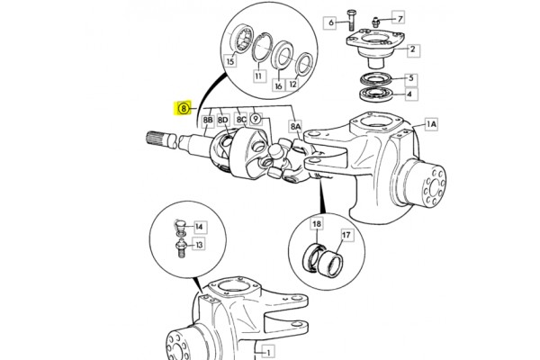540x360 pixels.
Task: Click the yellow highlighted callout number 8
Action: point(184,109)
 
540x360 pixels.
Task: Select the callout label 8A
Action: point(295,127)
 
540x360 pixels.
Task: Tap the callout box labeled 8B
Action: point(208,121)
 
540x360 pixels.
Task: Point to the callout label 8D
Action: point(223,121)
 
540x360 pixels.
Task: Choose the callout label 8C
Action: point(241,120)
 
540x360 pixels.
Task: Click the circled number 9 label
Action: point(256,119)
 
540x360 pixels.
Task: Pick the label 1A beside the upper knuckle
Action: point(431,124)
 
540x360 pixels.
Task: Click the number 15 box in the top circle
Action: point(230,61)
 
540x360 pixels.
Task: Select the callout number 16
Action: point(278,85)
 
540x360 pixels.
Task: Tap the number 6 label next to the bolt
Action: point(331,22)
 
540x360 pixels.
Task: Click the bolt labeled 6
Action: point(351,20)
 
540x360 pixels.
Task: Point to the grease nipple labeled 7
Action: point(376,22)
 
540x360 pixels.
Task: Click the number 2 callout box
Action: point(412,49)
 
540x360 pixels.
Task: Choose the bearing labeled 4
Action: point(374,94)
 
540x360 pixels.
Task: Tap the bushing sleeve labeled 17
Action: point(329,264)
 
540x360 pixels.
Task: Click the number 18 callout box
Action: point(317,224)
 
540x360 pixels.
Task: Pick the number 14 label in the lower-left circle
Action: point(199,227)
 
